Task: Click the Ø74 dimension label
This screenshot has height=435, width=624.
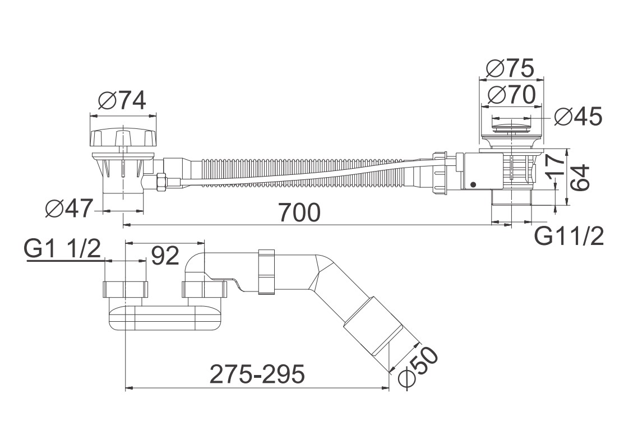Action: click(122, 101)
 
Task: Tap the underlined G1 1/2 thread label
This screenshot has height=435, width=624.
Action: click(62, 249)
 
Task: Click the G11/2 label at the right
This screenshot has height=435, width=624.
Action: click(568, 236)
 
